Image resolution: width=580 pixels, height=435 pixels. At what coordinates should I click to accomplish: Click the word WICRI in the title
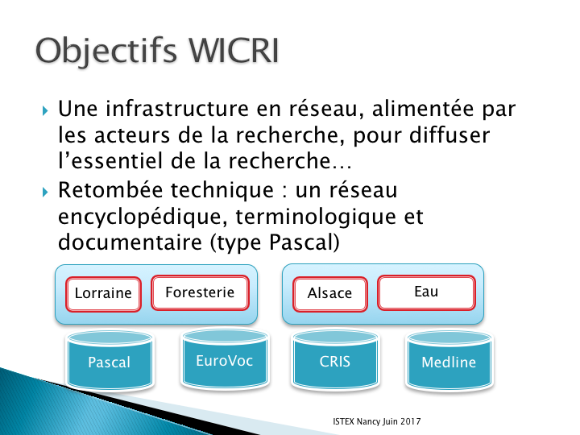[x=234, y=50]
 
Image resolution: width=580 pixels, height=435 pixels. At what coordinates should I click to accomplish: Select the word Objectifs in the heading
[x=106, y=52]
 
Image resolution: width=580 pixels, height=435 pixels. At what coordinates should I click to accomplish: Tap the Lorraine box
[x=103, y=294]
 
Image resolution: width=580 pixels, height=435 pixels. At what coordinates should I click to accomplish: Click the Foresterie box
[x=200, y=292]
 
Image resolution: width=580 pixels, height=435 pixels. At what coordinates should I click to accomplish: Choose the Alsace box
[x=330, y=294]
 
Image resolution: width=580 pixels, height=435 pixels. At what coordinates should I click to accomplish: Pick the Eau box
[x=426, y=292]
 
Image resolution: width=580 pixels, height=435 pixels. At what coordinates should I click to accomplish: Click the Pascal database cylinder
[x=110, y=360]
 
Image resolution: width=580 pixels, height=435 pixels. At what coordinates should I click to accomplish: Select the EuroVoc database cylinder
[x=225, y=358]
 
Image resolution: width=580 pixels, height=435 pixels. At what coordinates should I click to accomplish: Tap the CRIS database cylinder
[x=335, y=360]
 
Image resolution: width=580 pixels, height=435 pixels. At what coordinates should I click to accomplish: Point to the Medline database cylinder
[x=449, y=360]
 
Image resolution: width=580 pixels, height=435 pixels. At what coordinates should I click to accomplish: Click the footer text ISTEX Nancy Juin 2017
[x=376, y=421]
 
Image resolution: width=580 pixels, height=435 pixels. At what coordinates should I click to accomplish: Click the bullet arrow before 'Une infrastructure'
[x=45, y=110]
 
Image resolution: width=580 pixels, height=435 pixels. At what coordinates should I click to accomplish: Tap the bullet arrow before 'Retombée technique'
[x=45, y=192]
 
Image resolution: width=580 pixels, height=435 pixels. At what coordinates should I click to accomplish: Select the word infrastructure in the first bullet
[x=176, y=109]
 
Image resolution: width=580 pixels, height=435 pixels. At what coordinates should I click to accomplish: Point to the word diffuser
[x=449, y=135]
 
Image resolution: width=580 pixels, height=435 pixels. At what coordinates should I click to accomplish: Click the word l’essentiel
[x=110, y=161]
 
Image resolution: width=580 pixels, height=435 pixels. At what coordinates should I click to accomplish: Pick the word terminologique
[x=316, y=217]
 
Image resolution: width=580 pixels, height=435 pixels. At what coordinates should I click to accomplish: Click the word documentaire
[x=130, y=242]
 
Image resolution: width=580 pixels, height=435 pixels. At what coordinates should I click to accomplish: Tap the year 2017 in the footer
[x=410, y=421]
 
